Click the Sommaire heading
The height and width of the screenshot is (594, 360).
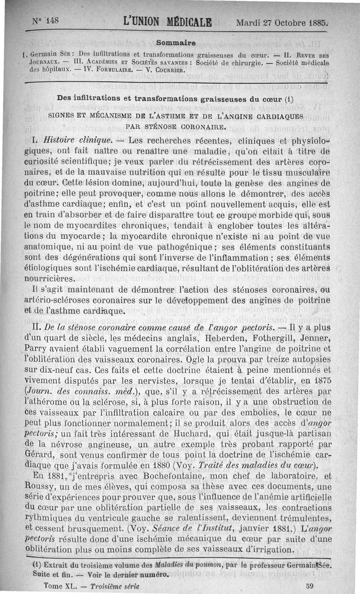[x=176, y=43]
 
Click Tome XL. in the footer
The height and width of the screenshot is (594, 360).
[x=60, y=586]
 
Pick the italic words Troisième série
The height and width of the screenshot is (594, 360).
[x=115, y=586]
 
